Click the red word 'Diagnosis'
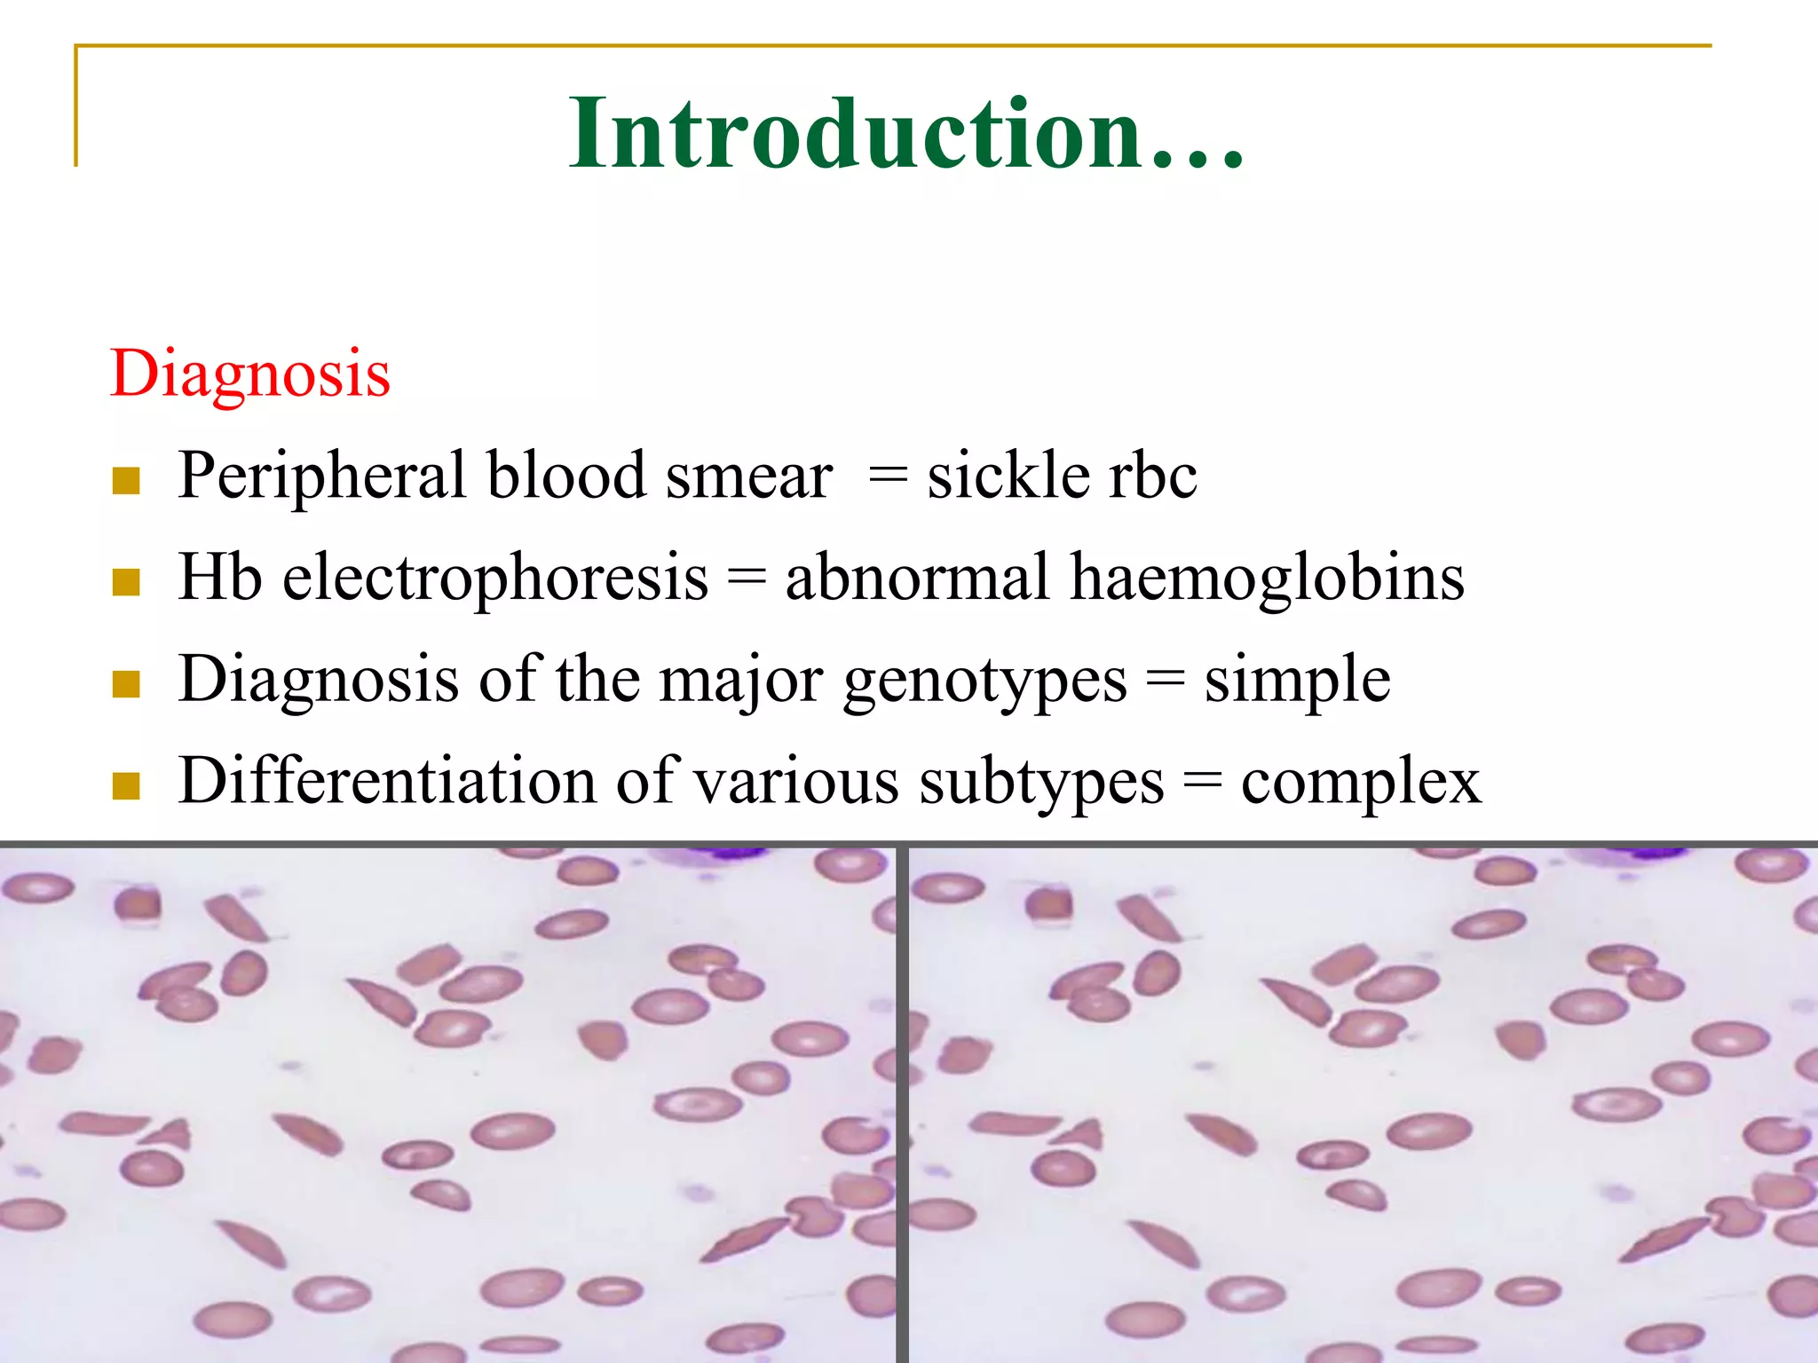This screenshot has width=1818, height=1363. point(250,374)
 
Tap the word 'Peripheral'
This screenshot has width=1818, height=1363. point(321,477)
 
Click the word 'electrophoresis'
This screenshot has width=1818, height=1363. point(495,578)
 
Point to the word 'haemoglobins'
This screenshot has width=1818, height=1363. point(1267,578)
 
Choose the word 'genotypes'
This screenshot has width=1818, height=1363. point(985,681)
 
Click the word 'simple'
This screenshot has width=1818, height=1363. point(1297,681)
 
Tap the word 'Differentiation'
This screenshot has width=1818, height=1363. point(387,781)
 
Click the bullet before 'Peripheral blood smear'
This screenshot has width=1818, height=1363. point(127,481)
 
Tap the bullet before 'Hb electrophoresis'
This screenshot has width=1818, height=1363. point(127,583)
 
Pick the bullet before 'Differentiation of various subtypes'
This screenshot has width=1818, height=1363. point(127,786)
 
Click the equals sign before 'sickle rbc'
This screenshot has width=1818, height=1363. point(889,477)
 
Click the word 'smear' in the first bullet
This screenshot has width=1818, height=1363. point(749,477)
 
